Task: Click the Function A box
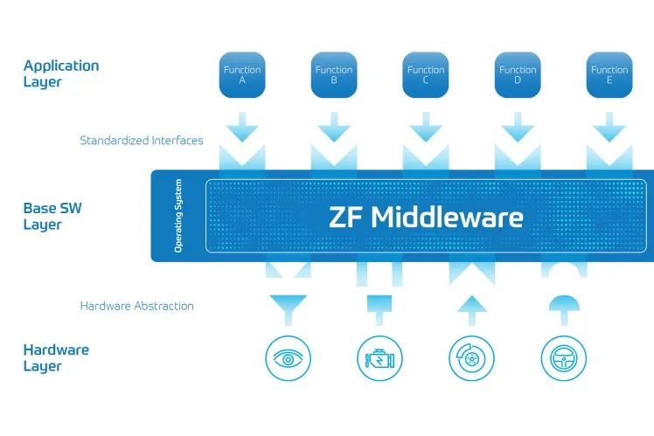(x=242, y=74)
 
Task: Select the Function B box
(x=334, y=74)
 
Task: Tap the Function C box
(x=426, y=74)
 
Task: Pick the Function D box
(x=518, y=74)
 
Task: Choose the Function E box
(x=609, y=74)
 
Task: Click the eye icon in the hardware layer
(x=288, y=358)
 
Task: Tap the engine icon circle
(x=379, y=358)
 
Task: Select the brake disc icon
(x=471, y=358)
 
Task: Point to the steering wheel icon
(x=563, y=358)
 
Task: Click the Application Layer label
(x=60, y=73)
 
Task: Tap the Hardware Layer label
(x=55, y=358)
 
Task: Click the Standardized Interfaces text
(x=141, y=141)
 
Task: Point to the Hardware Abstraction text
(x=136, y=307)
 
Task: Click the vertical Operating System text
(x=178, y=217)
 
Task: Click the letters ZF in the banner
(x=347, y=218)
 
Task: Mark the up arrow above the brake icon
(x=471, y=307)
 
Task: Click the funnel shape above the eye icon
(x=288, y=308)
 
